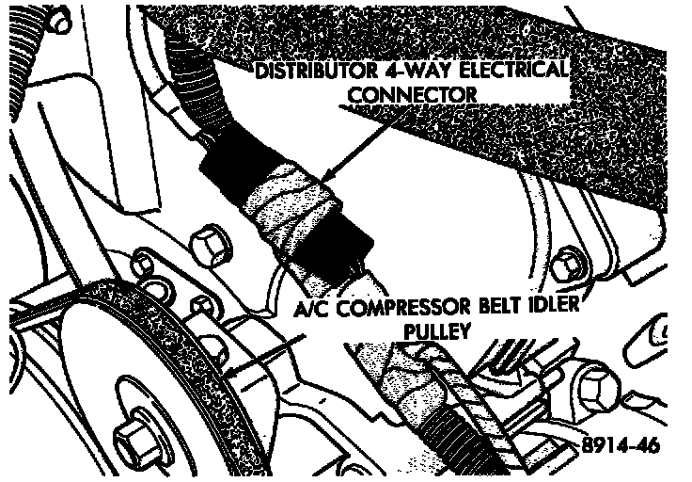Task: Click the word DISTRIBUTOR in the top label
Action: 316,71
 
